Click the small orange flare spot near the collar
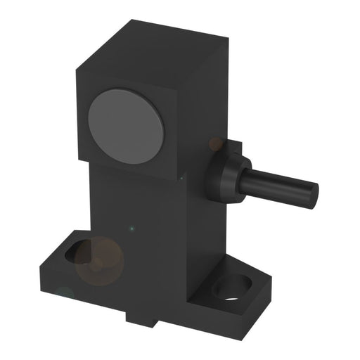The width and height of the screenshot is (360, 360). [215, 144]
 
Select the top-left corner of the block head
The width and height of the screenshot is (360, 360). [75, 68]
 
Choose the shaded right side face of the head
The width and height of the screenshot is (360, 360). [204, 105]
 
